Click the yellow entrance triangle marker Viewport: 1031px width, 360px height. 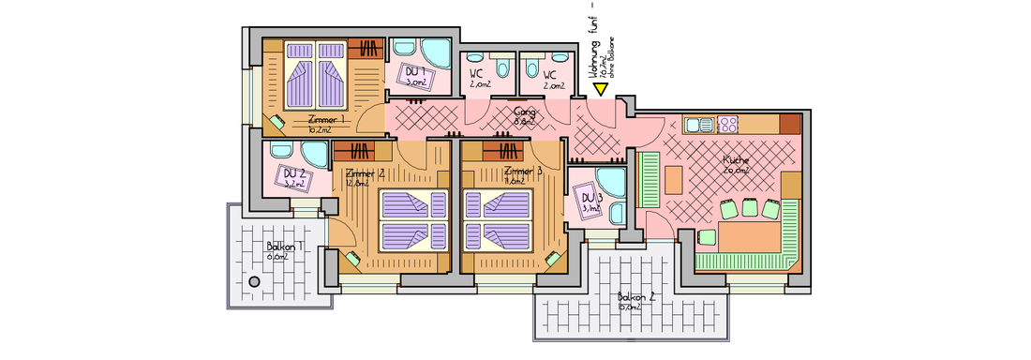tap(600, 89)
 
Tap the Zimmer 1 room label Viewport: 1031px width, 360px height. tap(327, 121)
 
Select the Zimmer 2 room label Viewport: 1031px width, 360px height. tap(366, 174)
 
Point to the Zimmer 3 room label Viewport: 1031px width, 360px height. tap(523, 172)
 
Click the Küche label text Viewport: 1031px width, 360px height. tap(736, 160)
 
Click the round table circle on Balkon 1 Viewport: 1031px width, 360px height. tap(253, 281)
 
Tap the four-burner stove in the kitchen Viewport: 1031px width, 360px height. tap(729, 124)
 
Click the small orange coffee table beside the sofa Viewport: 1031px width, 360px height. tap(673, 177)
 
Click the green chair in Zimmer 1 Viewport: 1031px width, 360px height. tap(279, 120)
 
